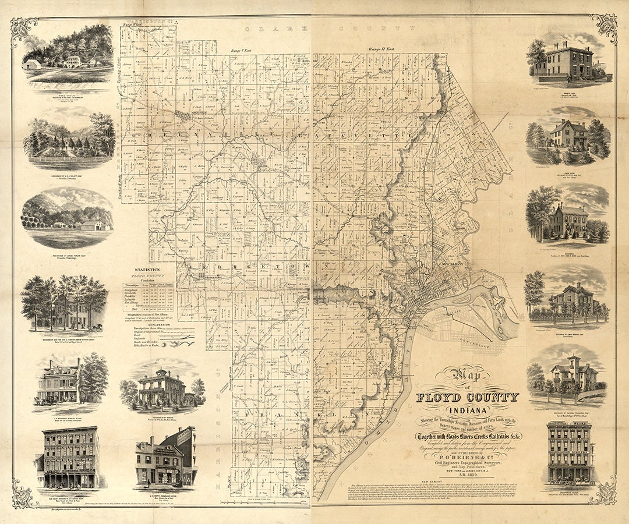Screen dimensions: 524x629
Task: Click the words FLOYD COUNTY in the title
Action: pyautogui.click(x=467, y=398)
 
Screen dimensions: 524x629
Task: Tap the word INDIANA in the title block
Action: pyautogui.click(x=468, y=410)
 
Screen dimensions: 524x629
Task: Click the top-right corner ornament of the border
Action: pyautogui.click(x=605, y=27)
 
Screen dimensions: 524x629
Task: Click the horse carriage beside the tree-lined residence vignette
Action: pyautogui.click(x=96, y=328)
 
